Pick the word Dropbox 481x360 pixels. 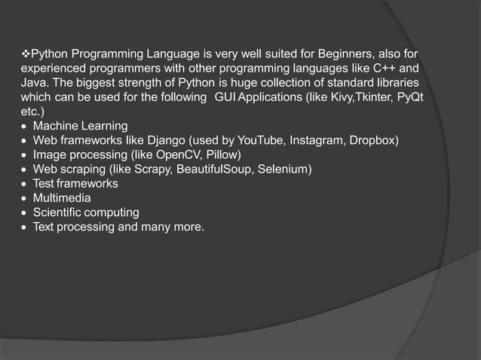(x=375, y=140)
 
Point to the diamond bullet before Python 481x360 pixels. (x=24, y=54)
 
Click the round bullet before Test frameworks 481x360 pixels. (x=25, y=184)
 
